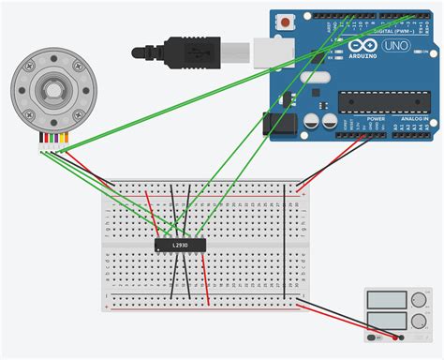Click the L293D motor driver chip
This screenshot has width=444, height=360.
179,246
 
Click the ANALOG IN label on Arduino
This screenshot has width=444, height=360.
412,119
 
